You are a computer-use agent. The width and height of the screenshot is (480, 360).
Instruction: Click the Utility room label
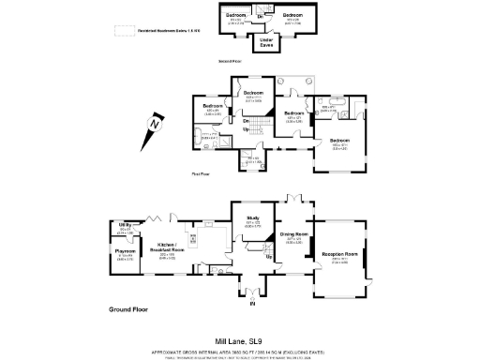123,226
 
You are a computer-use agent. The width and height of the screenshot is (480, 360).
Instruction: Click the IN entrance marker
251,304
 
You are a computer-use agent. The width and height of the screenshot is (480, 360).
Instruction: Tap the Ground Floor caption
129,308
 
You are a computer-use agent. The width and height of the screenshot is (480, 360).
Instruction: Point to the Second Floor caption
231,61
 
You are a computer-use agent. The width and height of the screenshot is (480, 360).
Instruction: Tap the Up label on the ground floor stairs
268,256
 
